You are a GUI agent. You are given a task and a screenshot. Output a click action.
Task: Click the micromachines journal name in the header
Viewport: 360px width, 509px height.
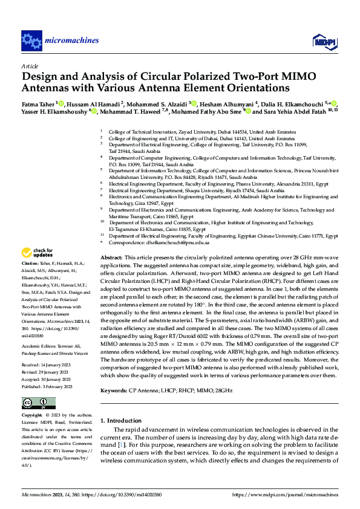point(71,41)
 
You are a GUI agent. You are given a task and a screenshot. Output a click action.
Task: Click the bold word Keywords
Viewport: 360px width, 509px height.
point(114,391)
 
